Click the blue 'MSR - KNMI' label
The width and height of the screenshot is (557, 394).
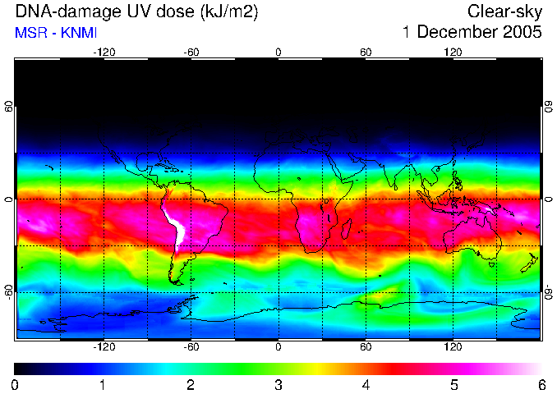point(51,34)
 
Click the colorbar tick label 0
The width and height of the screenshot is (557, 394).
point(16,385)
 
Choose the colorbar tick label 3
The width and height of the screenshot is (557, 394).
point(278,385)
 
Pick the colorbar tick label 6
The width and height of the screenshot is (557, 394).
point(541,385)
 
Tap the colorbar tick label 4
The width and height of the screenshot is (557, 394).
point(366,385)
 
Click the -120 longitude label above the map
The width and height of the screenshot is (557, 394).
point(104,53)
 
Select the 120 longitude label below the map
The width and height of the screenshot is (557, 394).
point(453,347)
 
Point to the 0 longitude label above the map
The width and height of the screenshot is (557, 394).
point(278,53)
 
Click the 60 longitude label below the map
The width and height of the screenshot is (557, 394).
point(366,347)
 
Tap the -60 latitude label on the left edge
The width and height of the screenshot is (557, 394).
point(9,291)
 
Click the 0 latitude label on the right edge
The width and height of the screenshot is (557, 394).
point(548,199)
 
